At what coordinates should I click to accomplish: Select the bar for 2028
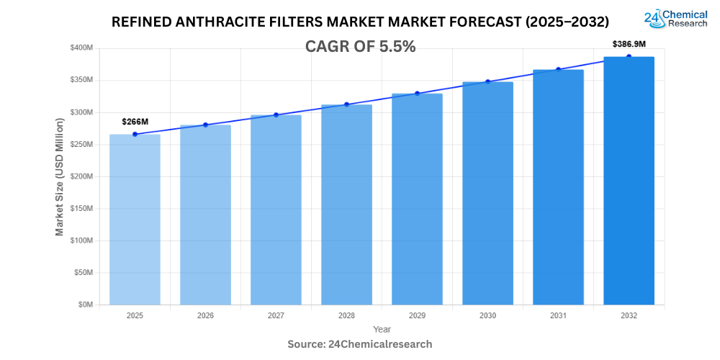tap(346, 205)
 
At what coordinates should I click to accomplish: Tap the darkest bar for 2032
tap(629, 181)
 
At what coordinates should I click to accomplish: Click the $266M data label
tap(135, 122)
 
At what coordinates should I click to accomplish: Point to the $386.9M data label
tap(629, 44)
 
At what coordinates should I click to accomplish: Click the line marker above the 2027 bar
tap(276, 115)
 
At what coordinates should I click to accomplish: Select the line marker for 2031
tap(558, 70)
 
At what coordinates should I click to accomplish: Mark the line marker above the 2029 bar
tap(417, 94)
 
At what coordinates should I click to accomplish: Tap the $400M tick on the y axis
tap(81, 48)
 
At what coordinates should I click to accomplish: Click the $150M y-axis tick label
tap(81, 209)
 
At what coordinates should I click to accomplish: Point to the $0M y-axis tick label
tap(84, 305)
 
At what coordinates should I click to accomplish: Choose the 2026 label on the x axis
tap(205, 315)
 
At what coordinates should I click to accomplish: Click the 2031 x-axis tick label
tap(558, 315)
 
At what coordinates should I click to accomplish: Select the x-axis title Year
tap(382, 329)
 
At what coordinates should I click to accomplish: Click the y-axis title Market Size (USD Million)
tap(60, 176)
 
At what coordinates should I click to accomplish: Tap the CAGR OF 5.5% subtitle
tap(361, 47)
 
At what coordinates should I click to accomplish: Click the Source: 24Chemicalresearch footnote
tap(360, 344)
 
